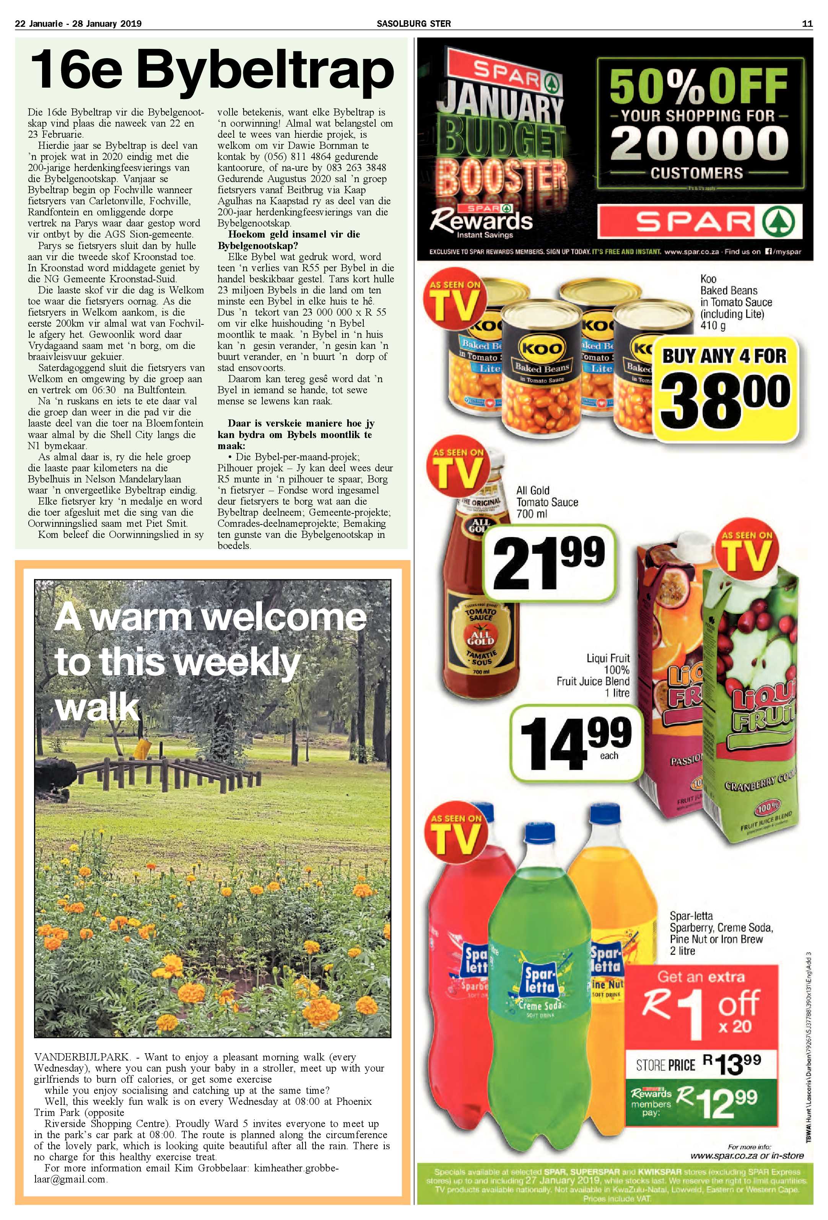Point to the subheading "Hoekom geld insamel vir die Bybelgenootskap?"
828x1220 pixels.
point(289,240)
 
